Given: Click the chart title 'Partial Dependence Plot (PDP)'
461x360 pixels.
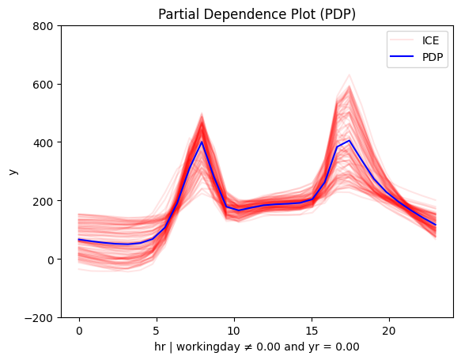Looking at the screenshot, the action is coord(257,14).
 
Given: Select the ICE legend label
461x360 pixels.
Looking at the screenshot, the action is coord(430,40).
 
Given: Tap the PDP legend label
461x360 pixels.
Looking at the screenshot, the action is coord(433,57).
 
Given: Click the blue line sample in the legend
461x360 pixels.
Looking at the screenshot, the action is coord(402,56).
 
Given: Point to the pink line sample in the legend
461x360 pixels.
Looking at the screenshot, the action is coord(402,40).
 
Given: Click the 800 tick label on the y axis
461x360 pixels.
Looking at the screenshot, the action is coord(43,26).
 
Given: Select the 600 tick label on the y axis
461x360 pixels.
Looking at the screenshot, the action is coord(43,85).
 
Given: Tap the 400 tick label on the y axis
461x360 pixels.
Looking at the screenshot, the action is coord(43,143).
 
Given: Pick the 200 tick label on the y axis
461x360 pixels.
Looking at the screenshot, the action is coord(43,202).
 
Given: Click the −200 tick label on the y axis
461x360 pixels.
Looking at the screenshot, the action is coord(39,318).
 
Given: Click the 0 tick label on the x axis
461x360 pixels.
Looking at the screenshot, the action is coord(79,332).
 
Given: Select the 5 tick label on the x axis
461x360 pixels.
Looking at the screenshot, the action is coord(157,332).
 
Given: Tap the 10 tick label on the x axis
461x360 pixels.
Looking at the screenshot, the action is coord(234,332).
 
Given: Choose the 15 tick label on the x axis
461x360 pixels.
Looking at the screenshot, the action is coord(312,332).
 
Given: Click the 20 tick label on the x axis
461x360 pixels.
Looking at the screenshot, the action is coord(389,332).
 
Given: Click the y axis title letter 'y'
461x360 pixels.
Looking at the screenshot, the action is coord(13,172).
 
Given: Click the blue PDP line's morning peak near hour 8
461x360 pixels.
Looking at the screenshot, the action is coord(202,142).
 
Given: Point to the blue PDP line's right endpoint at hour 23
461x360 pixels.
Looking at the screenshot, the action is coord(436,225).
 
